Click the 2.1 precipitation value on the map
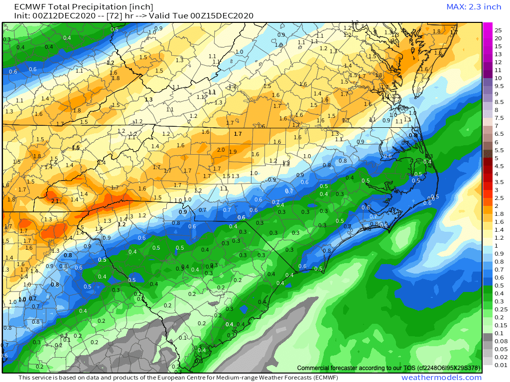pyautogui.click(x=55, y=201)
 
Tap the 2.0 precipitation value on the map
pyautogui.click(x=221, y=150)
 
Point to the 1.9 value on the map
pyautogui.click(x=233, y=152)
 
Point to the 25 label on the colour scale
pyautogui.click(x=498, y=30)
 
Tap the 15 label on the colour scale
pyautogui.click(x=498, y=46)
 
